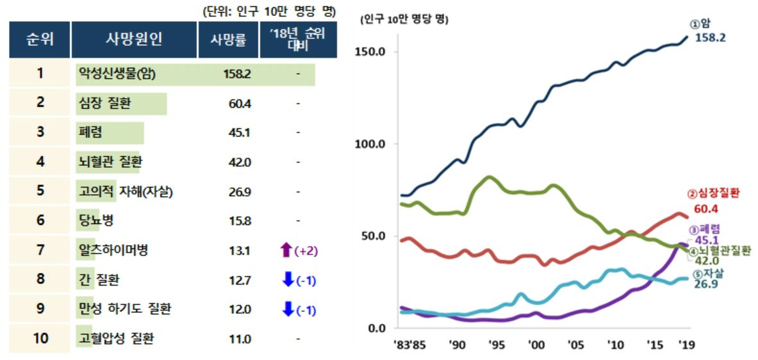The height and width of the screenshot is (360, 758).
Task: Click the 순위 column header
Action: click(x=40, y=40)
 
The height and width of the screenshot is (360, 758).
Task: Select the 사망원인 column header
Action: click(x=134, y=40)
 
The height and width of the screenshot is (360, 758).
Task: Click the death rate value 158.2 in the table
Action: click(x=236, y=74)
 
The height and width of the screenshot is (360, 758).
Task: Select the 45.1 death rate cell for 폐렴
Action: click(x=239, y=133)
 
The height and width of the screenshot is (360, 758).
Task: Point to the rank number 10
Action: click(x=40, y=338)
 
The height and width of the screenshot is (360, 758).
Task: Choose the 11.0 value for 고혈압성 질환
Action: click(x=239, y=339)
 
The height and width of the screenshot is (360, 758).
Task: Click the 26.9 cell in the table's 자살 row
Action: click(x=239, y=192)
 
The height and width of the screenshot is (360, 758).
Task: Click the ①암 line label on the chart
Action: click(x=701, y=24)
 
